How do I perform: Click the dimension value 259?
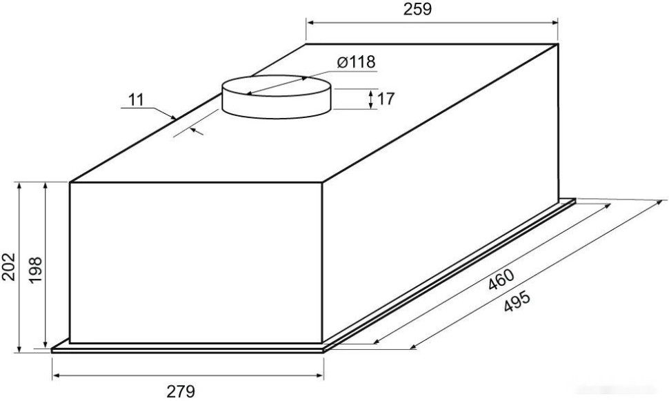417,10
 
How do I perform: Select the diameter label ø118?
357,62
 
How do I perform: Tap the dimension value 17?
386,99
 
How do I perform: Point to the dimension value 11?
136,100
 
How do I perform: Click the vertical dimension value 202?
8,267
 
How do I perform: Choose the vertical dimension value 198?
35,269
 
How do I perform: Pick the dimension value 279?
181,391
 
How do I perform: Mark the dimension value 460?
501,280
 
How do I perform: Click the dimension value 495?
517,301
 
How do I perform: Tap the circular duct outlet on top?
277,97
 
